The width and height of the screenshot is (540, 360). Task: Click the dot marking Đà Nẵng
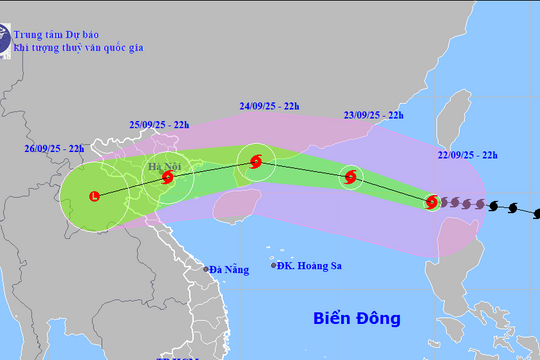tap(206, 269)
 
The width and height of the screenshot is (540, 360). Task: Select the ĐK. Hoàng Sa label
tap(310, 265)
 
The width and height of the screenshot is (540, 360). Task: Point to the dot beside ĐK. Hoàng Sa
tap(275, 265)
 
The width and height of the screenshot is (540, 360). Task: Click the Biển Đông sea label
tap(356, 319)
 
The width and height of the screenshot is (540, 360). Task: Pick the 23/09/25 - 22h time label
tap(372, 115)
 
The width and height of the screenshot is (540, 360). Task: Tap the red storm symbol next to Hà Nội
tap(167, 179)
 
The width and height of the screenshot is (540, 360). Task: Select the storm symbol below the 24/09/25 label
tap(256, 161)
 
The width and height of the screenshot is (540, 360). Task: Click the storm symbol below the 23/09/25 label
tap(350, 179)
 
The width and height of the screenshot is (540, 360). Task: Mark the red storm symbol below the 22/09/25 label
tap(431, 202)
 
